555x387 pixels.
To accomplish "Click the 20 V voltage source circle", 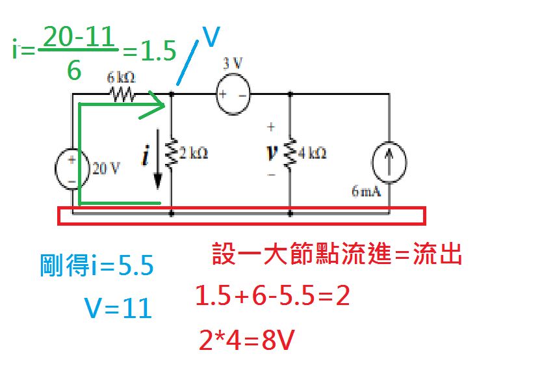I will point(71,168).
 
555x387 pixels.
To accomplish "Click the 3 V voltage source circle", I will point(233,95).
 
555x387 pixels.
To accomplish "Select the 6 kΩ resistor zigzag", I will point(122,95).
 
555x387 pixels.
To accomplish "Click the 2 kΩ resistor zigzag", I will point(172,153).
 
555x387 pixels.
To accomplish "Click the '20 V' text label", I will point(106,168).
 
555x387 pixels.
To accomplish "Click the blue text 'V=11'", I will point(118,308).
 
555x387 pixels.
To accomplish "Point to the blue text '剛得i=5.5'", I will point(96,265).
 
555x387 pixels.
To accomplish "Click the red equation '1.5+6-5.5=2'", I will point(273,297).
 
